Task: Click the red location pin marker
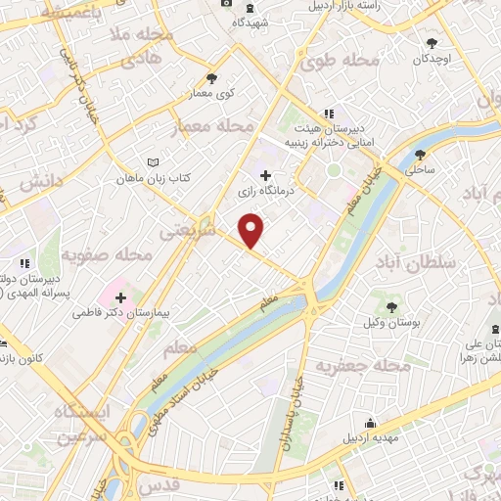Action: tap(252, 230)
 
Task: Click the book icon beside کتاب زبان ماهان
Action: tap(150, 162)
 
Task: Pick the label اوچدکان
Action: tap(433, 60)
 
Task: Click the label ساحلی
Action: tap(422, 170)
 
